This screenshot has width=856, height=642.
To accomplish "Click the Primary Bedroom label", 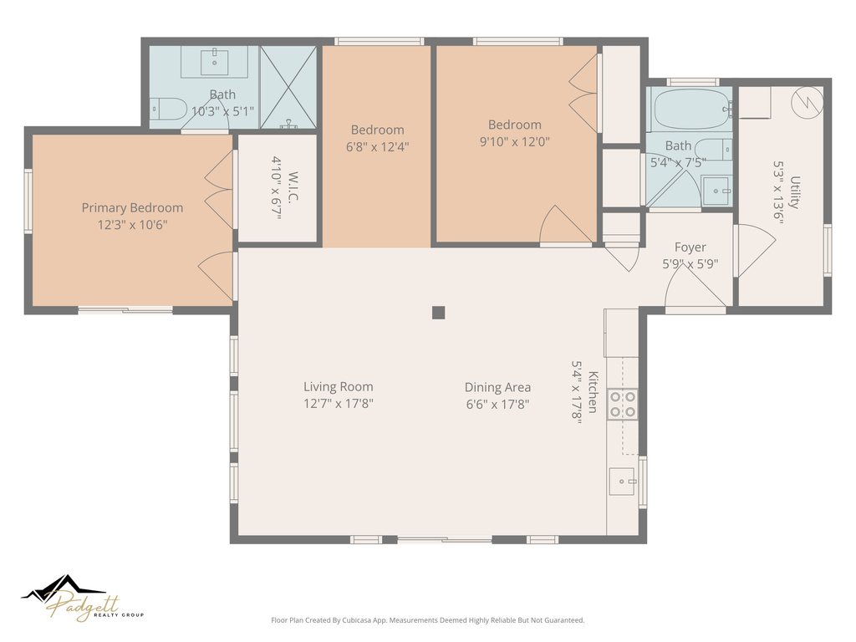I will coord(132,208).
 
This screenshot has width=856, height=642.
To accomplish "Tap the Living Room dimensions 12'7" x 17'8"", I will coord(338,404).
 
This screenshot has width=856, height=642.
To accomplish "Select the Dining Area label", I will coord(497,387).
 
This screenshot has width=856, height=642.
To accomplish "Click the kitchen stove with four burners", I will coord(622,404).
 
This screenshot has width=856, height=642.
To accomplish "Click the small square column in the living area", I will coord(438,313).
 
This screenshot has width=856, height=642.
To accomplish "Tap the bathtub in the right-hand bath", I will coord(688,110).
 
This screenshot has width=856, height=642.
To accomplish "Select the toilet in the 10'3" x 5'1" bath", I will coord(169,109).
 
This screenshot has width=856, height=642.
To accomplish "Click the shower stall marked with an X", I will coord(288,88).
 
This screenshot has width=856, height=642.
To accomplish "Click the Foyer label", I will coord(690,247).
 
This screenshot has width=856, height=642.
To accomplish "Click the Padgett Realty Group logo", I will coord(83,599).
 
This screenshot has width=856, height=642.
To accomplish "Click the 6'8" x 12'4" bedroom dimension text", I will coord(377,146).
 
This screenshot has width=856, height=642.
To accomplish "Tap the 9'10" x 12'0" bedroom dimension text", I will coord(515,142).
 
